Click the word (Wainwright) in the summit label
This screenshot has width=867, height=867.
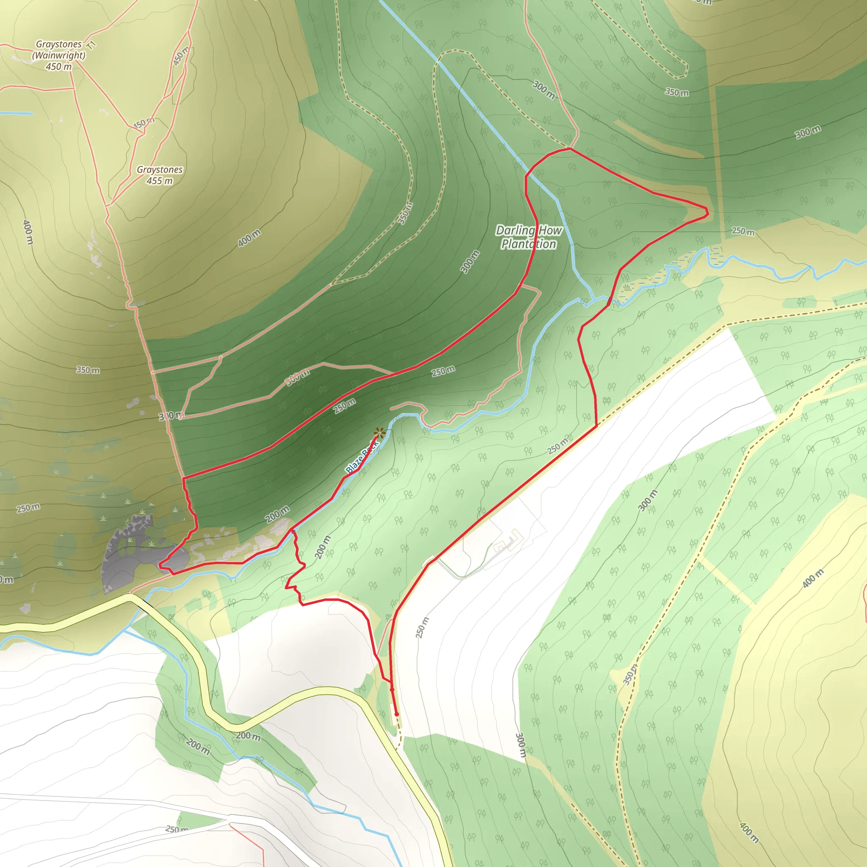tap(59, 55)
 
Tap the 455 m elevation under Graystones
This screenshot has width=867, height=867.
tap(159, 181)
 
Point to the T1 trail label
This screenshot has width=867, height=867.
tap(92, 45)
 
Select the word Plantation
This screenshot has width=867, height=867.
tap(529, 245)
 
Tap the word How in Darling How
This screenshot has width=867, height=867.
tap(550, 231)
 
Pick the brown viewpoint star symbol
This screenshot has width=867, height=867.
tap(379, 433)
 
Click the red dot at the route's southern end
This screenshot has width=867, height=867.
tap(396, 714)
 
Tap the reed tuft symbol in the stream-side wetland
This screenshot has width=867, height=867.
tap(627, 286)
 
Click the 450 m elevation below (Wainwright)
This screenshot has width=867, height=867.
tap(59, 67)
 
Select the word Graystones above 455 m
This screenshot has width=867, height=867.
tap(159, 170)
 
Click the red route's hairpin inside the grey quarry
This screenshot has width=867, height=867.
tap(160, 566)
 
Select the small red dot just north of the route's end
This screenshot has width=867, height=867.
tap(392, 689)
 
